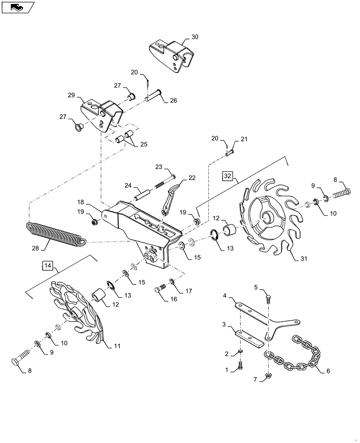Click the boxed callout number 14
point(47,266)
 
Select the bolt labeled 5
point(269,299)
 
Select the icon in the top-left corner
point(18,7)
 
